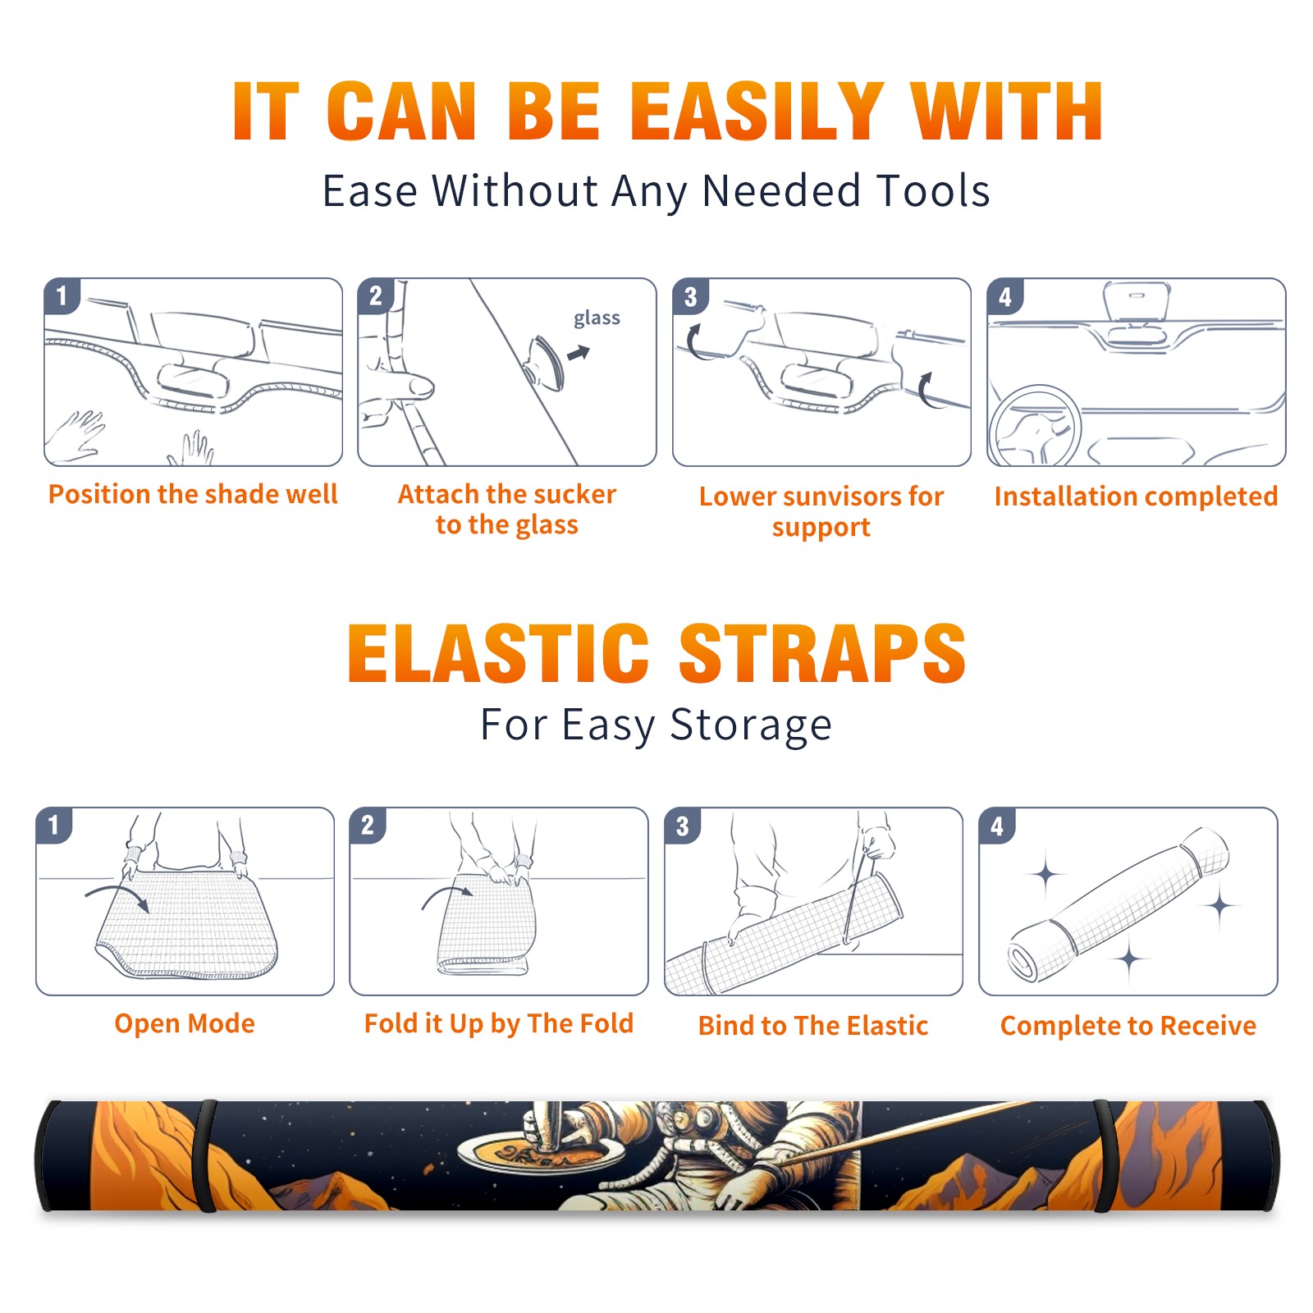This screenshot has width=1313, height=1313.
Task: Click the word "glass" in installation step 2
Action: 597,318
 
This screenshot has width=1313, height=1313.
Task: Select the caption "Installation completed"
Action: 1136,496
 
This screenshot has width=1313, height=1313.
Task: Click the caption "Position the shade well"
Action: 193,494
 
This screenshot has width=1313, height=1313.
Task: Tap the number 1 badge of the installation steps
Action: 62,295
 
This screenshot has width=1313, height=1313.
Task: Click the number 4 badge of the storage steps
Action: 997,826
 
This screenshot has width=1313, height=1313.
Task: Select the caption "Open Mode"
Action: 185,1024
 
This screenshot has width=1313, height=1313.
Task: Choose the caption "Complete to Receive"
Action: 1128,1026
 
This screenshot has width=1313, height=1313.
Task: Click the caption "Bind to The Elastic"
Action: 813,1026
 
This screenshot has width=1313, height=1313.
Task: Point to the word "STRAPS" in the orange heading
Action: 823,653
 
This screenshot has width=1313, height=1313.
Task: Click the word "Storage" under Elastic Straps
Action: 751,725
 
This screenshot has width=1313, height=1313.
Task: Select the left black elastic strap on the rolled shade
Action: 206,1155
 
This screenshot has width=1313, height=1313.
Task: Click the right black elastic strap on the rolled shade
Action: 1105,1155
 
